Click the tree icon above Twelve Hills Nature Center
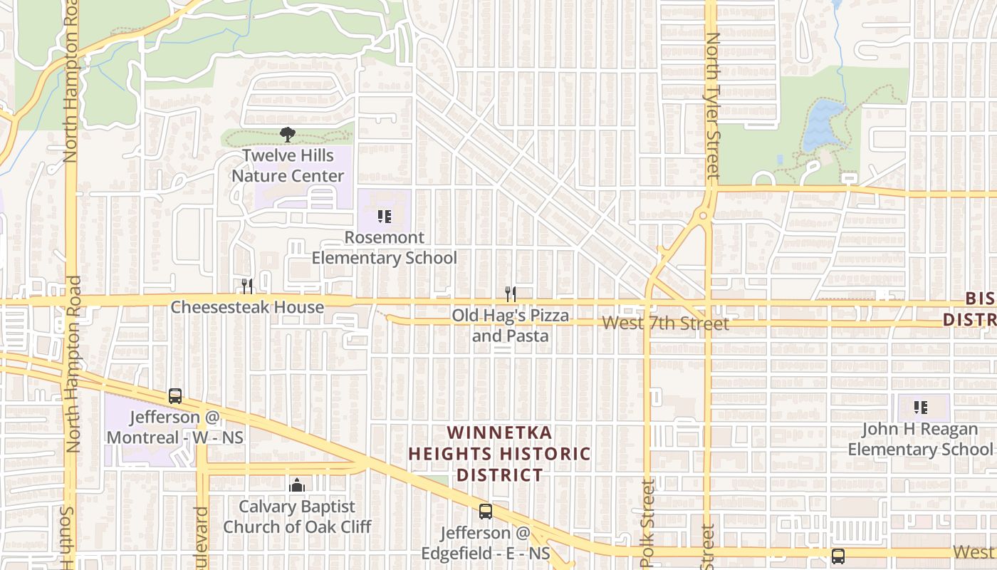pos(288,134)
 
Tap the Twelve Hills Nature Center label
pos(288,165)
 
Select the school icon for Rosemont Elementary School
pos(385,216)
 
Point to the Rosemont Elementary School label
pos(385,247)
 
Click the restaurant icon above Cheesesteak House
pos(247,286)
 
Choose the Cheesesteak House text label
pos(247,307)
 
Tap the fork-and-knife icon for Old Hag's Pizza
pos(511,294)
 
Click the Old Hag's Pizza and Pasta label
pos(511,325)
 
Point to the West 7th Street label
pos(665,323)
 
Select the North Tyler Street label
pos(712,107)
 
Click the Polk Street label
pos(648,524)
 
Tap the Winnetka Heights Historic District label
pos(500,454)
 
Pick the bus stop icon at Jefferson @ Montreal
pos(175,396)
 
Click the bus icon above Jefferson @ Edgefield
pos(486,511)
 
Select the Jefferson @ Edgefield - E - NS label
pos(486,543)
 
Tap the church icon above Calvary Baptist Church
pos(297,486)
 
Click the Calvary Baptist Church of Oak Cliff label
pos(297,517)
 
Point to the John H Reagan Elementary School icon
pos(921,408)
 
